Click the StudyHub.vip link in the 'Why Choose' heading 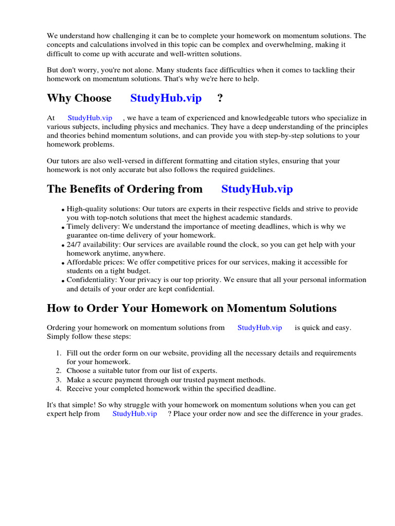tap(166, 98)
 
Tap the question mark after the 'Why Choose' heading tap(220, 98)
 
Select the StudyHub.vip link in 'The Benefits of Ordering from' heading tap(257, 189)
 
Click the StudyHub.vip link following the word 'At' tap(89, 118)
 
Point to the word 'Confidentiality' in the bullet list tap(91, 280)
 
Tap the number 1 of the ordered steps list tap(58, 353)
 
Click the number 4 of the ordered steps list tap(58, 389)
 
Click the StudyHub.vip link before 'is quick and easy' tap(259, 328)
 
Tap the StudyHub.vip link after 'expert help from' tap(134, 414)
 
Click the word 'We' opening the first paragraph tap(52, 36)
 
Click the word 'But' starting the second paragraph tap(53, 70)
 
